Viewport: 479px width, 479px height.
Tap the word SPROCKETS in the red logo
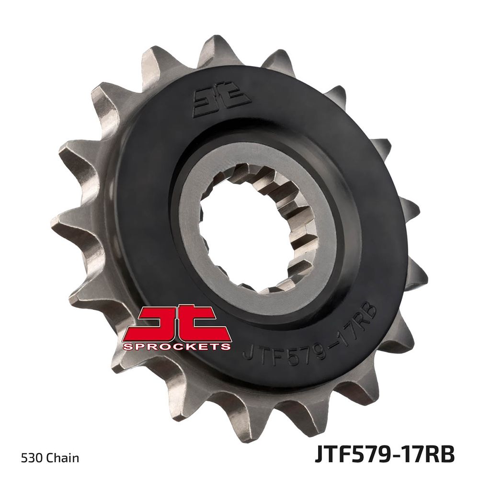pos(177,346)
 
